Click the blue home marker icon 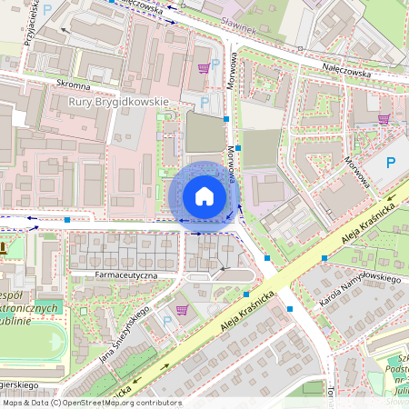[x=204, y=196]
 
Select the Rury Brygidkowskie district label [x=119, y=102]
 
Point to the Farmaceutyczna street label [x=126, y=274]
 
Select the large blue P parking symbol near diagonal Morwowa [x=391, y=164]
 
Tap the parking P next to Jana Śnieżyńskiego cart [x=166, y=319]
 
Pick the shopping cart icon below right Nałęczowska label [x=384, y=117]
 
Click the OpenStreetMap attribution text [x=91, y=403]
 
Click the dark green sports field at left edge [x=49, y=304]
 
